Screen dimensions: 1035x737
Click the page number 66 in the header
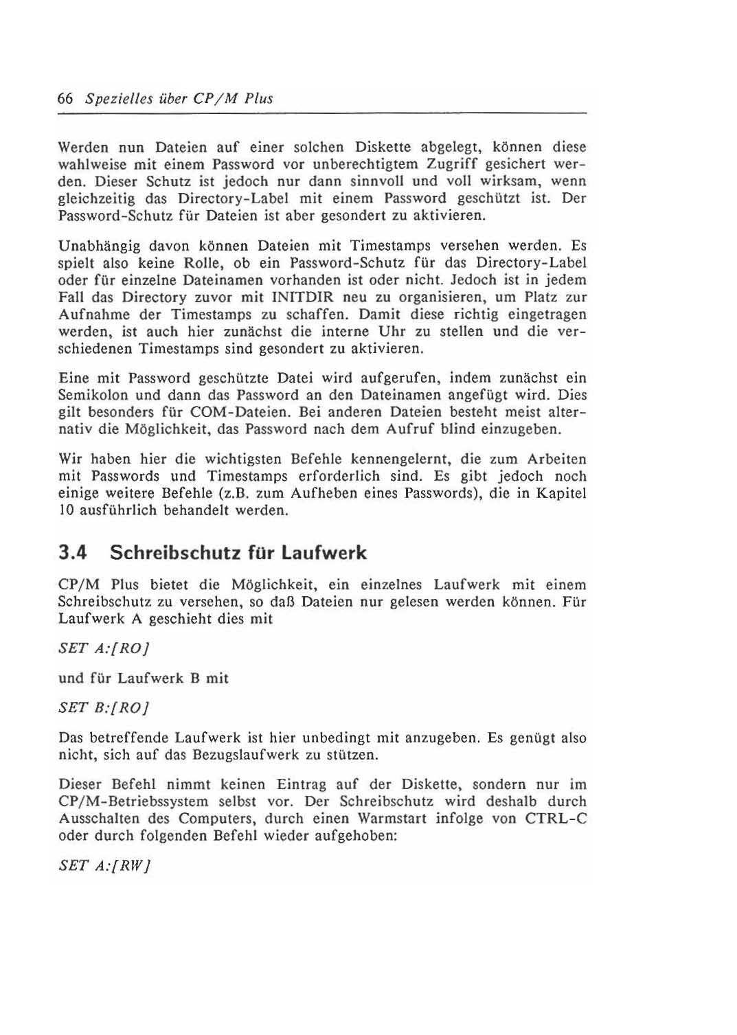coord(66,98)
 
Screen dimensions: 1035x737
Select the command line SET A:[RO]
coord(104,648)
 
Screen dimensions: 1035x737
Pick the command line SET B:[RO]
coord(104,707)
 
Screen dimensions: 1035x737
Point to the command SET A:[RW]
coord(105,865)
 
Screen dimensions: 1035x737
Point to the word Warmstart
coord(392,819)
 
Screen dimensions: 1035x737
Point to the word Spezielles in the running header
coord(114,98)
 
